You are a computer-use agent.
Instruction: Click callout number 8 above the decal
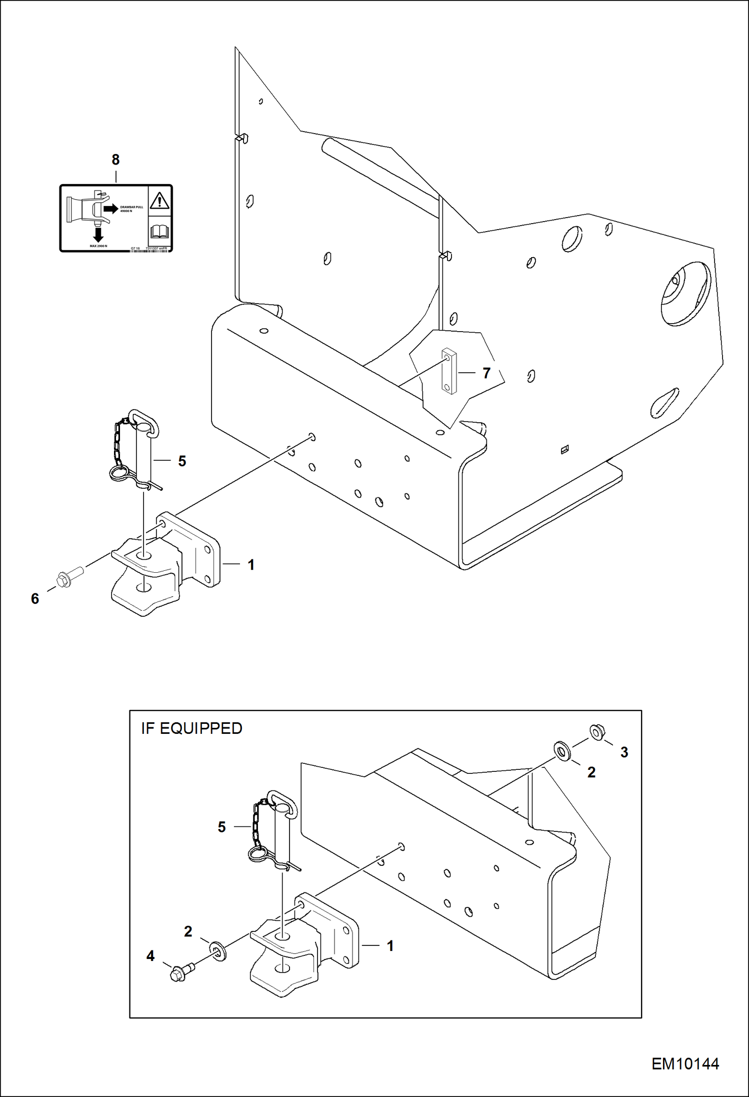(x=115, y=160)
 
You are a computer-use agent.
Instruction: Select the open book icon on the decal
(x=159, y=232)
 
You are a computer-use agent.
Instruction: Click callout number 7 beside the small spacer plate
(x=486, y=373)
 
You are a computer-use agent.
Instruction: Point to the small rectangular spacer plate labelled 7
(x=449, y=372)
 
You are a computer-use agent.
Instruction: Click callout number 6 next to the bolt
(x=35, y=598)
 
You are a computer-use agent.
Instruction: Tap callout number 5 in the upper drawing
(x=182, y=461)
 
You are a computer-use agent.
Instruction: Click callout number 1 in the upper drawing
(x=251, y=565)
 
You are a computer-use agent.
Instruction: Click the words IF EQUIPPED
(x=191, y=728)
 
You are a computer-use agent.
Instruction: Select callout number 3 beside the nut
(x=624, y=752)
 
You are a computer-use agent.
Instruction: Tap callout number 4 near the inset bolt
(x=150, y=956)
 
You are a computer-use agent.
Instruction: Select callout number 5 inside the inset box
(x=222, y=827)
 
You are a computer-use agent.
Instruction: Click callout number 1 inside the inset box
(x=390, y=945)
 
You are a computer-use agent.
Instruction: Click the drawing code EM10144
(x=685, y=1064)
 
